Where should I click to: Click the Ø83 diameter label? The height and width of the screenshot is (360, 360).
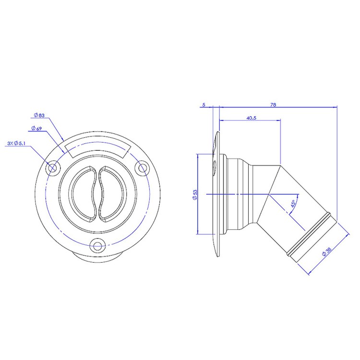coord(39,115)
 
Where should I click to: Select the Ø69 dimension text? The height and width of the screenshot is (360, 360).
coord(37,128)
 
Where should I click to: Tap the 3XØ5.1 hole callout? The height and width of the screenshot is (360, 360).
coord(16,143)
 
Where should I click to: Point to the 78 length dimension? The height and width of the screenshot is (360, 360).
coord(273,105)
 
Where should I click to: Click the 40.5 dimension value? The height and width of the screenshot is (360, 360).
coord(251,118)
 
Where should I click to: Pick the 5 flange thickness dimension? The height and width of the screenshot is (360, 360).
coord(204,105)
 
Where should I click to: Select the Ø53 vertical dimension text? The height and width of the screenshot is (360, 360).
coord(195,195)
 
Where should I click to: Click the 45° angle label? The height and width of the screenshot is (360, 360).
coord(293,204)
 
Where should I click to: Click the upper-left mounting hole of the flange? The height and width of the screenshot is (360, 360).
coord(53,168)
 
